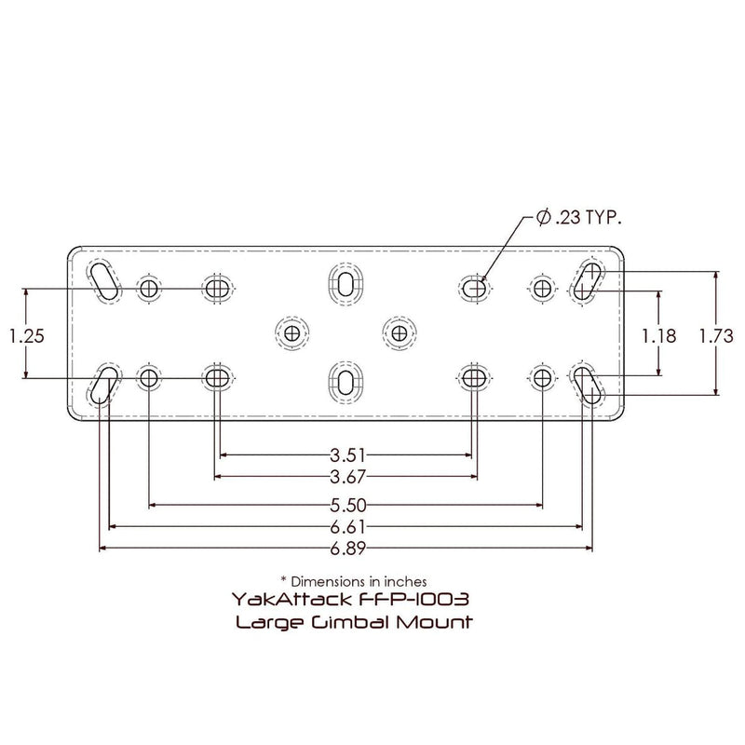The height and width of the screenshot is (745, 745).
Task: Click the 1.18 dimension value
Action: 659,335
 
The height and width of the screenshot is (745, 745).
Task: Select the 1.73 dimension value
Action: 717,335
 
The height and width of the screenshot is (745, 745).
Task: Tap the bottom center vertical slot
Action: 345,382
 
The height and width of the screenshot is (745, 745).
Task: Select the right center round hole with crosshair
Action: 399,332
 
